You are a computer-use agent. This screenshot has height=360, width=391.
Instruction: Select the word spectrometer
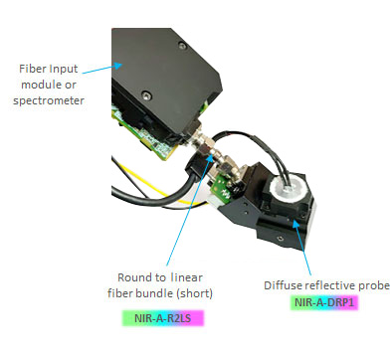tap(47, 100)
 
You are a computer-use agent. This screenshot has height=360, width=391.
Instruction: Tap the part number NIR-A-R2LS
tap(161, 318)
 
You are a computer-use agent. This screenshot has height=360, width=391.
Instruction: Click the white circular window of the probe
tap(293, 188)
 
